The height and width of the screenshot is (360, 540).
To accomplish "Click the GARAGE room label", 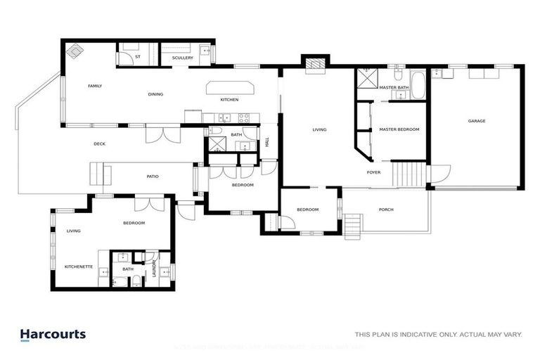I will pos(477,121).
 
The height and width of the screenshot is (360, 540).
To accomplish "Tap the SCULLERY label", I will pos(182,58).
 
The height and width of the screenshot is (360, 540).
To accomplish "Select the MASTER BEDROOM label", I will pos(399,129).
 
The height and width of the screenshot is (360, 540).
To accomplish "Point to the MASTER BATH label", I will pos(394,87).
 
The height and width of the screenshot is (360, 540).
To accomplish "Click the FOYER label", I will pos(373,172).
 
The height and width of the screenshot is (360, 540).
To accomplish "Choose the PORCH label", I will pos(386,209).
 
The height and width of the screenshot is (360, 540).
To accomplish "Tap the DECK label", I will pos(99,144).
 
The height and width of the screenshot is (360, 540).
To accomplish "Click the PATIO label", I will pos(152,176).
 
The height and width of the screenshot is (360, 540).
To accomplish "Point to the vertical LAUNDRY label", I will pos(154,270).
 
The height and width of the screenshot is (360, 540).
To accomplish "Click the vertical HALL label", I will pos(267,143).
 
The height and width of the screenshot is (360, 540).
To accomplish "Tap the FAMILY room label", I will pos(95,86).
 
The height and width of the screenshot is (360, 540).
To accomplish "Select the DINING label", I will pos(155,94).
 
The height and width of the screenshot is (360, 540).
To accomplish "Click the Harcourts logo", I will pos(53,335).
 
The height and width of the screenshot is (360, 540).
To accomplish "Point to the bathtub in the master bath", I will pos(418,85).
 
